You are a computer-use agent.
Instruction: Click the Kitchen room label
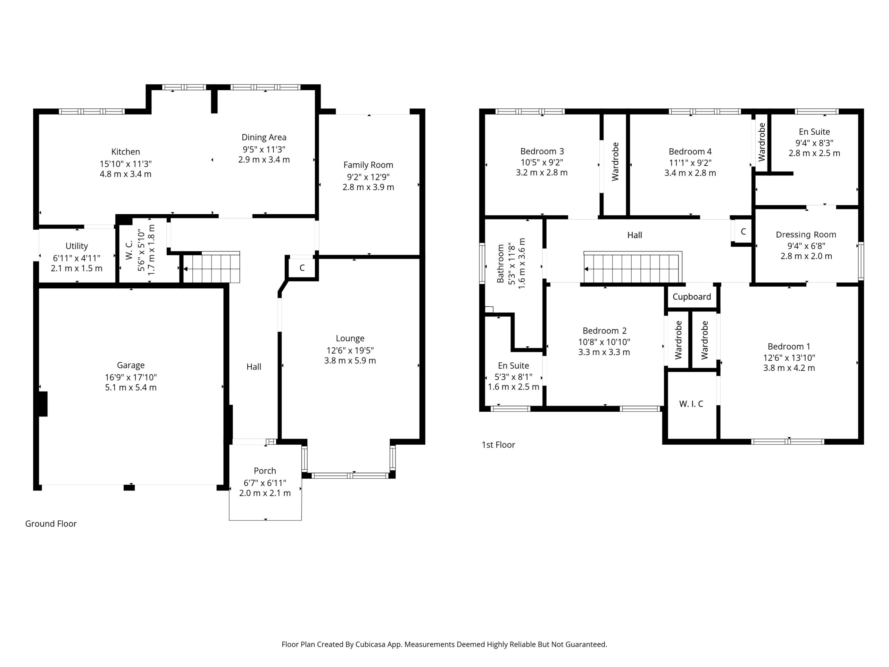click(125, 151)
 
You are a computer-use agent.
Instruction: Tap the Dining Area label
click(264, 138)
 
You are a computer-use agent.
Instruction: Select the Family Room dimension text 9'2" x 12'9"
click(368, 177)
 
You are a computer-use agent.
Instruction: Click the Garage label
click(131, 365)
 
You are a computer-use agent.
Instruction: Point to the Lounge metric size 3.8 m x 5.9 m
click(350, 361)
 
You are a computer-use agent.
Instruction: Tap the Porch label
click(265, 471)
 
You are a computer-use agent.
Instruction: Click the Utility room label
click(76, 246)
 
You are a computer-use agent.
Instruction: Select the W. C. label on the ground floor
click(129, 250)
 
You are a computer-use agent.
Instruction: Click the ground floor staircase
click(212, 267)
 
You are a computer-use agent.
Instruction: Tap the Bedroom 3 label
click(542, 151)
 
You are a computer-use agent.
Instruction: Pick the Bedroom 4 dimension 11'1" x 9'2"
click(690, 163)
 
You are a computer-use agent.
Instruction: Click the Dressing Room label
click(806, 235)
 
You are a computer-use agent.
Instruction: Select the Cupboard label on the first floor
click(692, 297)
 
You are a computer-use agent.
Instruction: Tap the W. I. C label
click(691, 404)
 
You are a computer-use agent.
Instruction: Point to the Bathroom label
click(500, 264)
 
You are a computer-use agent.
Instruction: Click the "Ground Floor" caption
click(51, 524)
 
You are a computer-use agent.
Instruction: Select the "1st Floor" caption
click(498, 445)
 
